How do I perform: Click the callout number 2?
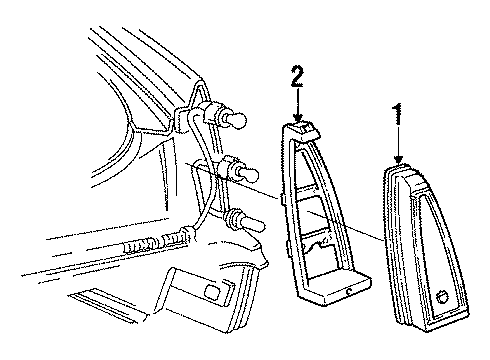(295, 75)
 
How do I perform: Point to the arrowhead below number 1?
(399, 163)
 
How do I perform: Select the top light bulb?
(238, 122)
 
